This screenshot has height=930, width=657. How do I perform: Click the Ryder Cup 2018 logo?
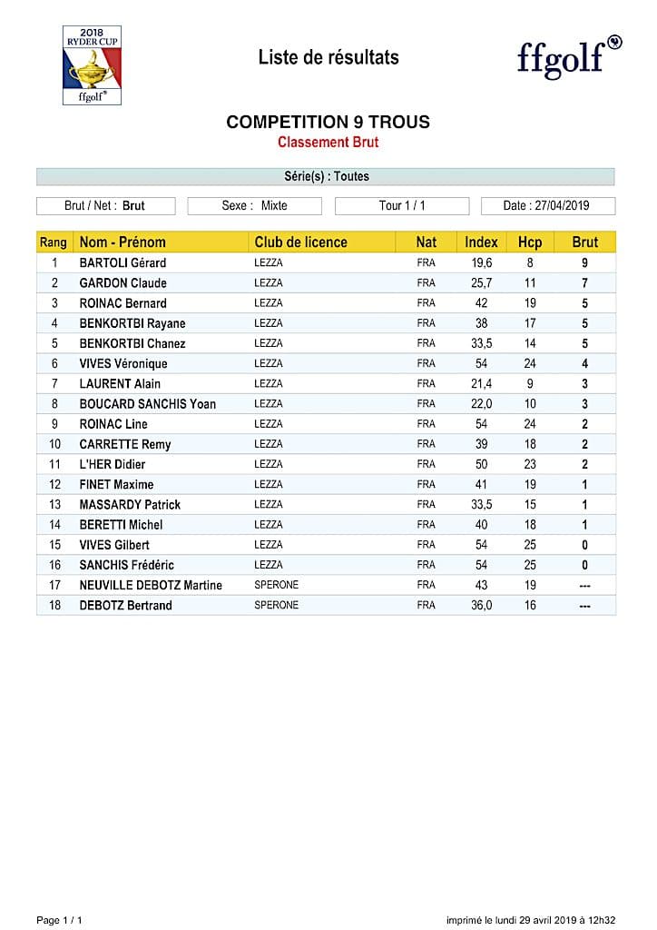click(x=92, y=64)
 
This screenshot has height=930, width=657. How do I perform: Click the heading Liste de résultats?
click(x=328, y=57)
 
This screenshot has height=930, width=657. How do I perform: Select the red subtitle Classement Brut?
click(x=328, y=143)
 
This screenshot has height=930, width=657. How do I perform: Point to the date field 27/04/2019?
click(x=547, y=205)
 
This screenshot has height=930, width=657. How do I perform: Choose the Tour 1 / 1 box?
click(x=401, y=205)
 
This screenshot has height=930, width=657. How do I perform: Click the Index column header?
click(x=481, y=242)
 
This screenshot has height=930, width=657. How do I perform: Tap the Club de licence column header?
click(x=300, y=242)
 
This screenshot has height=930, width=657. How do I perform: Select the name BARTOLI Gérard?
click(x=123, y=263)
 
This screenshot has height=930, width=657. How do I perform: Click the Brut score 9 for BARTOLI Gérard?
click(x=584, y=263)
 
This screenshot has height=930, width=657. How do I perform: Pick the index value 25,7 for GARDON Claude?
click(x=481, y=283)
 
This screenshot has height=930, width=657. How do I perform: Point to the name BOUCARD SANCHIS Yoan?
click(x=147, y=404)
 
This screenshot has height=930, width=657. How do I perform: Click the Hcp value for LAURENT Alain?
click(x=530, y=384)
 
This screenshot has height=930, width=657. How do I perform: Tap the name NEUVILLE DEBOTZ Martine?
click(x=151, y=585)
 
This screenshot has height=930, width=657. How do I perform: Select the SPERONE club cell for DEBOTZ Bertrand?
click(x=276, y=605)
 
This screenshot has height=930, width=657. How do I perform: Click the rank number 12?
click(x=54, y=485)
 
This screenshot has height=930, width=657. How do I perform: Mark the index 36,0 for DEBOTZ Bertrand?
click(x=481, y=605)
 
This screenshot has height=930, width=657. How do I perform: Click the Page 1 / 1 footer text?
click(x=59, y=920)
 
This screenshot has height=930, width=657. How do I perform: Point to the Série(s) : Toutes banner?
click(x=326, y=176)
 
